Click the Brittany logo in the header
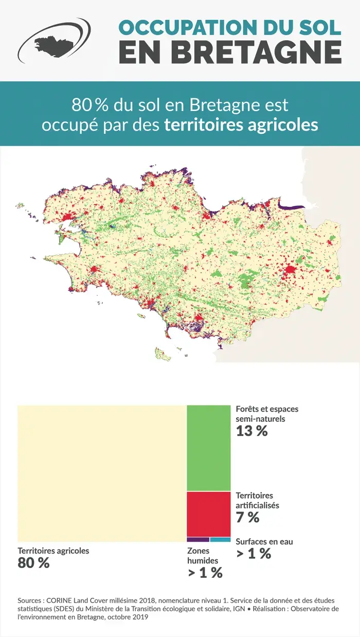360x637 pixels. [x=53, y=40]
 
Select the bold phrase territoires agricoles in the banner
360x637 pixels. [x=241, y=125]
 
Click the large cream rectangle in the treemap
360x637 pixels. [x=102, y=473]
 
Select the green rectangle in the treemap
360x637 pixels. [x=208, y=448]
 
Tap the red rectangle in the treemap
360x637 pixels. [x=208, y=514]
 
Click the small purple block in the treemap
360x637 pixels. [x=198, y=540]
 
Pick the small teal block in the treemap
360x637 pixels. [x=220, y=540]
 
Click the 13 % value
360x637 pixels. [x=251, y=432]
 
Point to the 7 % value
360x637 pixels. [x=247, y=518]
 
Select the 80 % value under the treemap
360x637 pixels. [x=33, y=563]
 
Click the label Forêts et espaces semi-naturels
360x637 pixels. [x=266, y=414]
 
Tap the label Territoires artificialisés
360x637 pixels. [x=257, y=500]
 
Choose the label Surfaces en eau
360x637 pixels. [x=264, y=541]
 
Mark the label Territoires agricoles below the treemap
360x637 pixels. [x=53, y=551]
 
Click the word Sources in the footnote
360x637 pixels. [x=29, y=600]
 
